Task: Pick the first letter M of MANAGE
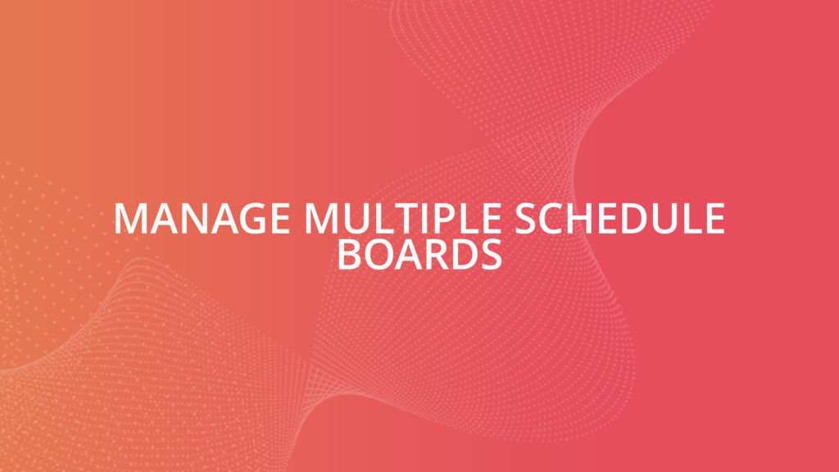pyautogui.click(x=129, y=219)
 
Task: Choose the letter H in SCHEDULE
pyautogui.click(x=568, y=219)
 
